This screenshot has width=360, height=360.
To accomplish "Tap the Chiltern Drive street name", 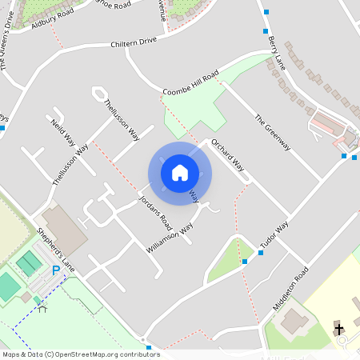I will point(134,42).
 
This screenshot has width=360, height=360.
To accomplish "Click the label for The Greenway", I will point(271,133).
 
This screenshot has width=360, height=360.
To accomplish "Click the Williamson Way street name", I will point(170,238).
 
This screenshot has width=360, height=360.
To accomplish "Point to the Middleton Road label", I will point(290,288).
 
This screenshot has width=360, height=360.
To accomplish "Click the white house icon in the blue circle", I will point(180,173).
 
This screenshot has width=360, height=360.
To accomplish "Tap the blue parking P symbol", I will point(55,271).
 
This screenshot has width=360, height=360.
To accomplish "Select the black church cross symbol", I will point(338,329).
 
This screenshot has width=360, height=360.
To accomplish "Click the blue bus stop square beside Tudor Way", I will point(261,253).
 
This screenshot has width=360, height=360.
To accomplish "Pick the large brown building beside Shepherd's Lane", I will point(62,230).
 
